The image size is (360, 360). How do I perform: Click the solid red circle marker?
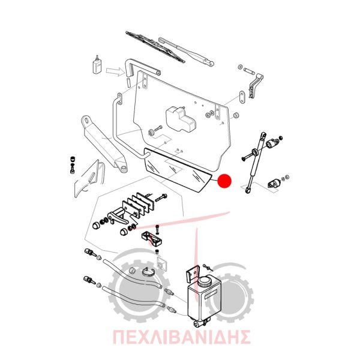(x=224, y=181)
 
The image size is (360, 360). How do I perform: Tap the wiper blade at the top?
(x=155, y=46)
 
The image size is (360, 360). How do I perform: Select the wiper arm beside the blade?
(x=186, y=52)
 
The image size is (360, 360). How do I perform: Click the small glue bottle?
(x=97, y=65)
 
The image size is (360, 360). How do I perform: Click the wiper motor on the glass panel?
(x=181, y=119)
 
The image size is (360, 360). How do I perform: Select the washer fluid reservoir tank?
(x=204, y=301)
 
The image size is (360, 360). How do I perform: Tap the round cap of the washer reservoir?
(x=205, y=281)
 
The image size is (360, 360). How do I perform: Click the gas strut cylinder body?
(x=256, y=162)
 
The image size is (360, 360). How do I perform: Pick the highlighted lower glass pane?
(x=177, y=170)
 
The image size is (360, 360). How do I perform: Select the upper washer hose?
(x=133, y=274)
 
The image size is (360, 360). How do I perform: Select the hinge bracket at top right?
(x=256, y=85)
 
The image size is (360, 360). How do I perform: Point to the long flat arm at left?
(x=104, y=143)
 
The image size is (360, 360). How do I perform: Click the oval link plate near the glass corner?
(x=242, y=98)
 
